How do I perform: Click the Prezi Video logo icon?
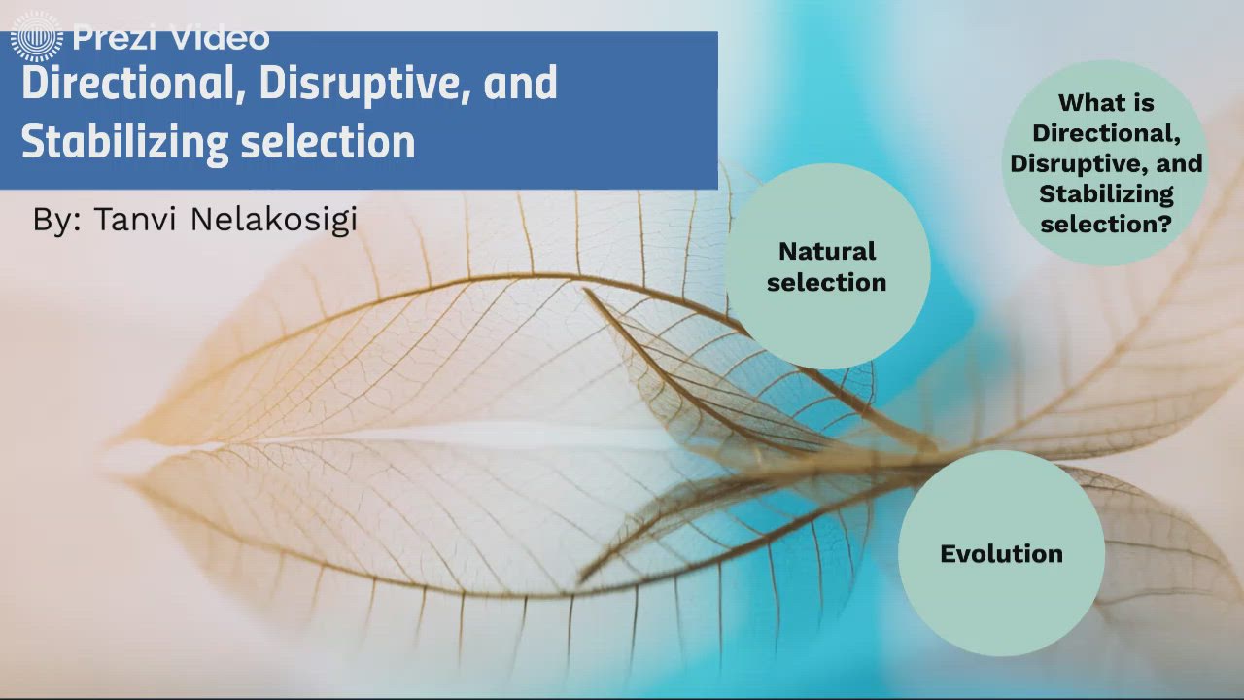(x=36, y=37)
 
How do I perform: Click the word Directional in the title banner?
(x=131, y=84)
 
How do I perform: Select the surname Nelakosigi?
(x=274, y=220)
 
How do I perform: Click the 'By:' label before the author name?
(x=57, y=220)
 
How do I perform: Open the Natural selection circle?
(x=827, y=266)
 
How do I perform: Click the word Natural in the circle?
(x=827, y=251)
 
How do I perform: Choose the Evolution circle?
(x=1001, y=553)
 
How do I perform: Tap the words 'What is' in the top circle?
(x=1106, y=102)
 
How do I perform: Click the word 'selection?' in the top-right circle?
(x=1106, y=224)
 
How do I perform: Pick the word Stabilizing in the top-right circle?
(x=1106, y=193)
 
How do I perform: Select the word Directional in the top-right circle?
(x=1106, y=132)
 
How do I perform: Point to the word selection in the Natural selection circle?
(x=827, y=282)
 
